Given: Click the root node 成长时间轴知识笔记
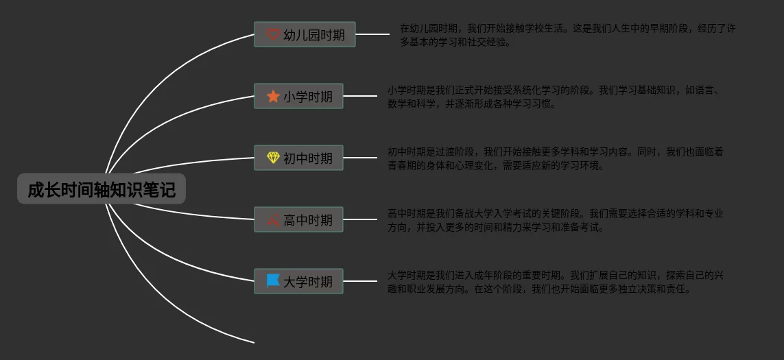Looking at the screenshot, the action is tap(102, 190).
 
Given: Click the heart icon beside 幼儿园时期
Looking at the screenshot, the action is tap(273, 34).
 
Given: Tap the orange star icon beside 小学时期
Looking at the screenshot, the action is tap(273, 96).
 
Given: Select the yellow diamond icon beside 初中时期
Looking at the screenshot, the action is tap(273, 158).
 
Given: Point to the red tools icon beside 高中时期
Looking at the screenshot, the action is tap(273, 220).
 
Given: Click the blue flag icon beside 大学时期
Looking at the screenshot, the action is tap(273, 281).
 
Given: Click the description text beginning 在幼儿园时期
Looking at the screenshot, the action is tap(567, 35).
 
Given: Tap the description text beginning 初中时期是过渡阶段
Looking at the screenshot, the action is tap(555, 158).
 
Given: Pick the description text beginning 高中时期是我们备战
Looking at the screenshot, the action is tap(555, 220).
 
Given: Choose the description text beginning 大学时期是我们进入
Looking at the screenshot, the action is tap(555, 282).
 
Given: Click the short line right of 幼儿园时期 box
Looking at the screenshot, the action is tap(372, 34).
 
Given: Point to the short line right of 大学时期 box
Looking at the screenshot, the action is tap(360, 281).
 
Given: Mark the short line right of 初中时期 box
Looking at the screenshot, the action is tap(360, 158).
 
